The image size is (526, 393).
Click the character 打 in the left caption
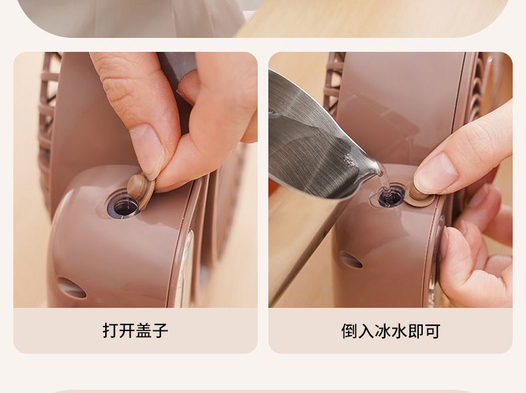pos(111,330)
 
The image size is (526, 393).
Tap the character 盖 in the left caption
pos(144,330)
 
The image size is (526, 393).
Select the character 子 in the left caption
pos(160,330)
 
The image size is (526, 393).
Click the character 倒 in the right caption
pos(349,331)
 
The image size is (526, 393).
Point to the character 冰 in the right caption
pos(382,331)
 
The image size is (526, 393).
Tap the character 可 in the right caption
pos(432,331)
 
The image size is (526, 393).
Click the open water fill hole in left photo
pos(123,206)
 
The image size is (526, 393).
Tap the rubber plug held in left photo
pos(142,190)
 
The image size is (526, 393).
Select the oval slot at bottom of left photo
pos(71,287)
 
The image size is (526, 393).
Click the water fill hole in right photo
pos(391,197)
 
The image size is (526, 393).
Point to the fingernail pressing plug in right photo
pos(435,173)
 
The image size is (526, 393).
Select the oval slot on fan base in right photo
pos(352,260)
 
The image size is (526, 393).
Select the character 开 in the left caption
pos(127,330)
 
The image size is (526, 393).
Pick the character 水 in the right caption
pos(399,331)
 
